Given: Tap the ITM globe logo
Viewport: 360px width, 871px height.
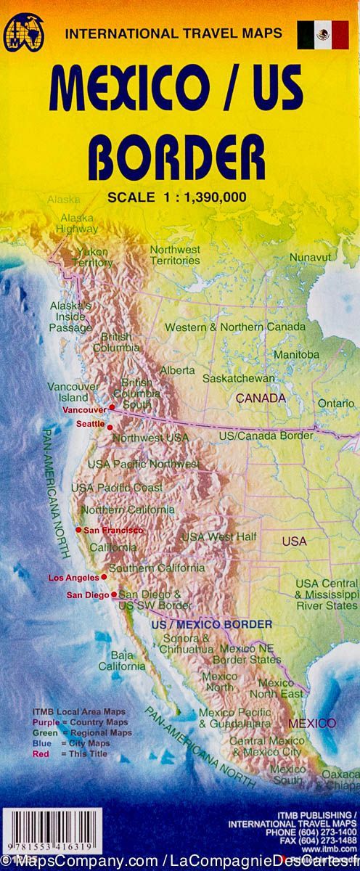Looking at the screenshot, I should coord(24,33).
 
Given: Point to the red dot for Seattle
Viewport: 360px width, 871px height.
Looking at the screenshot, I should coord(110,428).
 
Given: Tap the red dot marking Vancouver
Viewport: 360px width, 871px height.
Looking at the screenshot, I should coord(112,407).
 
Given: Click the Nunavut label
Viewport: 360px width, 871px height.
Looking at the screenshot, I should coord(310,257).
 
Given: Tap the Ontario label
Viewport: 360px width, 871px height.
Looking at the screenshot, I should coord(336,403).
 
